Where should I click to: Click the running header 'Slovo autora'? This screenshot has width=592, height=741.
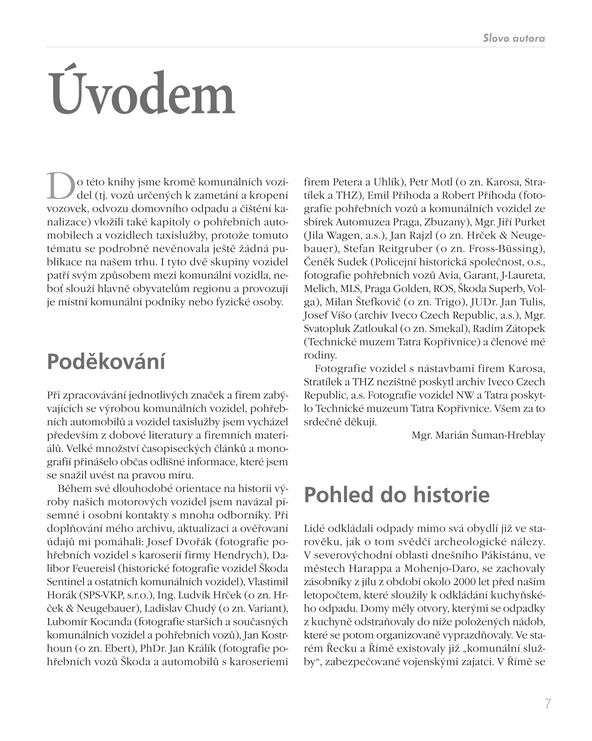tap(514, 38)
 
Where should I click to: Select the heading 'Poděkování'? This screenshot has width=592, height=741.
tap(106, 362)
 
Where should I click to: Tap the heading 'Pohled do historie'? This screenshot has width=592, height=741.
tap(396, 495)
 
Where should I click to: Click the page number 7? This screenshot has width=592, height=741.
tap(548, 704)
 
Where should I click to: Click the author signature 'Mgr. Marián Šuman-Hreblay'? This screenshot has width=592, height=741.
tap(478, 435)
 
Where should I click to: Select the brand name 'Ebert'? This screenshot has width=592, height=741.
tap(115, 648)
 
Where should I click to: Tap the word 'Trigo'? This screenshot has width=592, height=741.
tap(447, 302)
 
